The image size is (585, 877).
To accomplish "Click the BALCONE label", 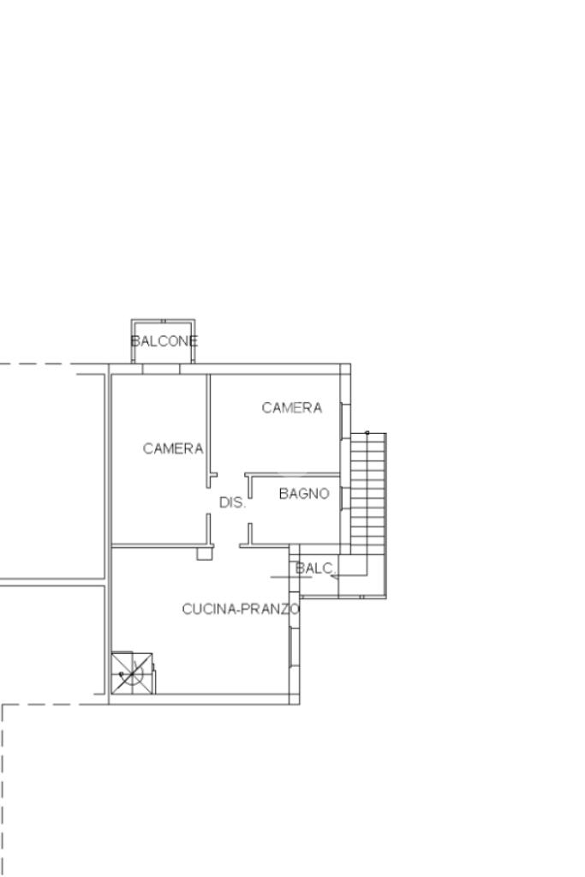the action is [164, 341].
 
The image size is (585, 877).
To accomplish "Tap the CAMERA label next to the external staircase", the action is [292, 408].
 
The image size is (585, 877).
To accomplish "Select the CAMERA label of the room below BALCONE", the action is [173, 448].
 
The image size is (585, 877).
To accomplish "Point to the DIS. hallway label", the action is [232, 502].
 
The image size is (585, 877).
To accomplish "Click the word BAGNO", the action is [304, 494].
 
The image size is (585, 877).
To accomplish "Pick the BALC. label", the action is [315, 568].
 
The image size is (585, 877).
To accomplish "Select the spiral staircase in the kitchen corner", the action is [132, 673].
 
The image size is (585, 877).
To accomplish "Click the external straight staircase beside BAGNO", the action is [368, 493].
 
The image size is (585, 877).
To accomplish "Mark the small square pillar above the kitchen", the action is [205, 554].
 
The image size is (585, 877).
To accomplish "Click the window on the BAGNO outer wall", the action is [345, 498].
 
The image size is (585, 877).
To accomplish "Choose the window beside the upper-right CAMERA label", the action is [345, 420].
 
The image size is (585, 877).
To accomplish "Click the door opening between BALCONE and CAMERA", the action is [161, 369].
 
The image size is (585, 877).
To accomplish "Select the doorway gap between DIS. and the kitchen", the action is [226, 545].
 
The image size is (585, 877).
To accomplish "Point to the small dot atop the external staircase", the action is [367, 432].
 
